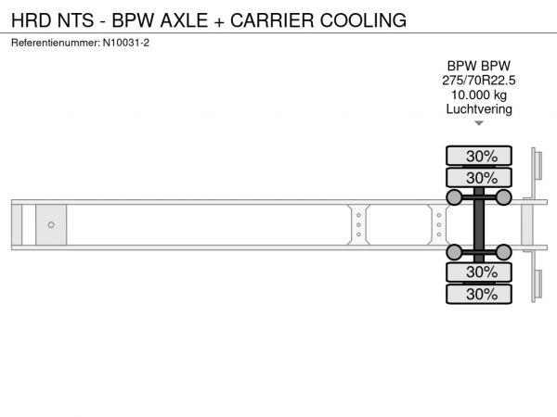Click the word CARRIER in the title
click(x=272, y=20)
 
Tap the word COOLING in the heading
click(x=363, y=20)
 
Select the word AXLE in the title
click(x=184, y=20)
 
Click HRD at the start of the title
click(x=32, y=20)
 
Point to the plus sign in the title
click(x=219, y=21)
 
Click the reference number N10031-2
click(x=126, y=43)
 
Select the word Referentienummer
click(x=56, y=43)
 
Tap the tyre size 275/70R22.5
click(x=478, y=81)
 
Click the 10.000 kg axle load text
click(x=479, y=95)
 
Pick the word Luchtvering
click(x=479, y=109)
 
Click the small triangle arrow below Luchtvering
click(x=479, y=123)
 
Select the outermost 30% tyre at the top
click(x=479, y=156)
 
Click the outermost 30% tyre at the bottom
click(x=479, y=294)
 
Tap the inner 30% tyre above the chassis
click(x=479, y=178)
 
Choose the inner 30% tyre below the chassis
click(x=479, y=272)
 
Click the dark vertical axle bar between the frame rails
click(x=479, y=225)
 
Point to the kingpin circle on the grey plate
click(x=51, y=225)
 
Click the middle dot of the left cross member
click(x=358, y=225)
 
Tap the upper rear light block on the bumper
click(x=538, y=165)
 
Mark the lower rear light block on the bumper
click(x=538, y=284)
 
